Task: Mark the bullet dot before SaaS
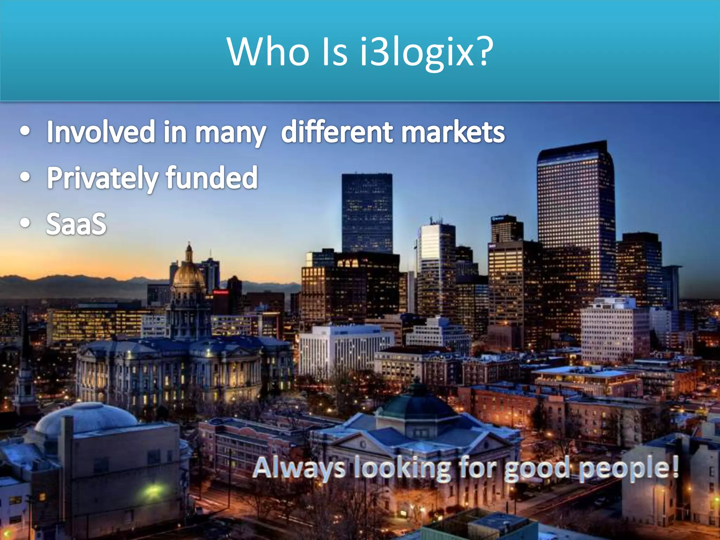point(25,223)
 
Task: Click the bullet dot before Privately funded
point(25,177)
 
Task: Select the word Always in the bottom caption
point(299,468)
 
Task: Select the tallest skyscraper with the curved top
point(576,211)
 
